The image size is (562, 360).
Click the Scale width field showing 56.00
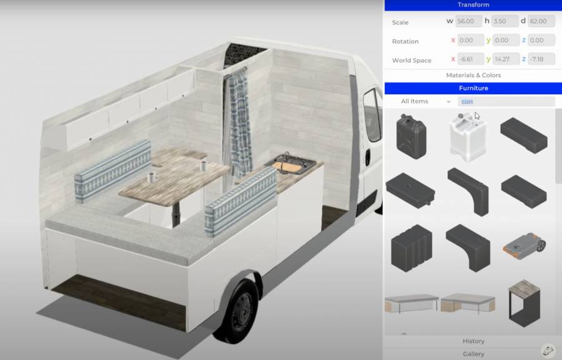click(469, 21)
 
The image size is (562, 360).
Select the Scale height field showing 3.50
click(505, 21)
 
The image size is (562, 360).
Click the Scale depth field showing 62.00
click(541, 21)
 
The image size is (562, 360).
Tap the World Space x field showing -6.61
click(471, 59)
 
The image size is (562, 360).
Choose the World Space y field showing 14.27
click(505, 59)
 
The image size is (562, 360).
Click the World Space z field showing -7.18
click(541, 59)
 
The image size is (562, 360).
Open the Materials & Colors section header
click(473, 75)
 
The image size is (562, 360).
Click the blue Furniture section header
click(473, 88)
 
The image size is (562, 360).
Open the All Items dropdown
click(425, 101)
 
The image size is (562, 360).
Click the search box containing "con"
click(506, 101)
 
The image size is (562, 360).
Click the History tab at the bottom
click(473, 341)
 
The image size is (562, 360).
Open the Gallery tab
click(473, 354)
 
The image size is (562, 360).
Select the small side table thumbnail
click(523, 303)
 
